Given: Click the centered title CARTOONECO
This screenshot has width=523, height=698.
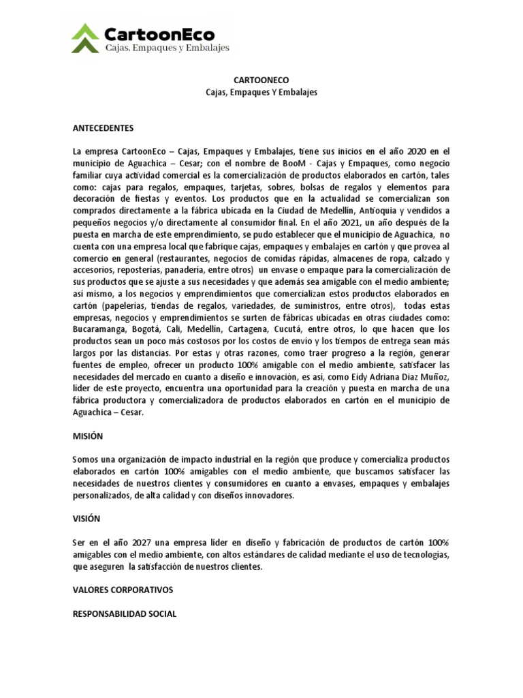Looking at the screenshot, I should [261, 80].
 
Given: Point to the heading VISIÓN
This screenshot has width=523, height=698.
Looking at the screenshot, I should [86, 519].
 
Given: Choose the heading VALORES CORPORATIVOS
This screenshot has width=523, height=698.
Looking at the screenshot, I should [123, 590].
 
